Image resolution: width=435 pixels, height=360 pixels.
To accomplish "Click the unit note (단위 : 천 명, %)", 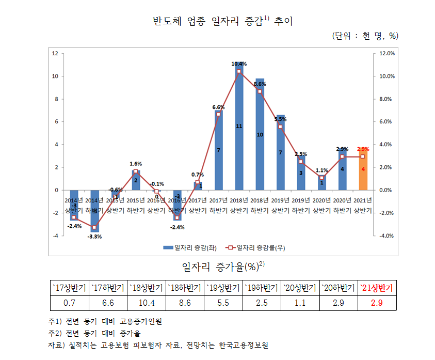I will coord(365,36).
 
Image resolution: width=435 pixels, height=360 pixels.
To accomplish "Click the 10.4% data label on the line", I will coord(239,64).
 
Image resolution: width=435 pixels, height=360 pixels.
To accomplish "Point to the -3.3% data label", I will coord(94,237).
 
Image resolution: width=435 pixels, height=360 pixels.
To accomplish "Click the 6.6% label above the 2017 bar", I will coord(218,107).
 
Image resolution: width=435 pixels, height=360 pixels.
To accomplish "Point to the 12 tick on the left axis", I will coord(55,53).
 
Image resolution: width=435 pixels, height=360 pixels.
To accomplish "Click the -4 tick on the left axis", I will coord(55,236).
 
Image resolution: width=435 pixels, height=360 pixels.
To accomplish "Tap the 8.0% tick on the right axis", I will coord(387,99).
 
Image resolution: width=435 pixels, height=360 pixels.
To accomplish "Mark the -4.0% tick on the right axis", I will coord(386,236).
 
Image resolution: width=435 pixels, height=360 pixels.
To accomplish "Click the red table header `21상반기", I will coord(377,288).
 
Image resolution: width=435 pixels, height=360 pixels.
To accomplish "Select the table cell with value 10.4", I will coord(147,303).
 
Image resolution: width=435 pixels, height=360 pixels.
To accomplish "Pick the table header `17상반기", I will coord(69,288).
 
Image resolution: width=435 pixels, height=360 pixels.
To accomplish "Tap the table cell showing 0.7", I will coord(69,303).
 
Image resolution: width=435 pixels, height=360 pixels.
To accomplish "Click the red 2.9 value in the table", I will coord(377,303).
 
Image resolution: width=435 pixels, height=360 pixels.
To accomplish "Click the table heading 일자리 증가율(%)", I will coord(222,267).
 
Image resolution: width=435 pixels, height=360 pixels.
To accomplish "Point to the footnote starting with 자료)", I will coord(159,345).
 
